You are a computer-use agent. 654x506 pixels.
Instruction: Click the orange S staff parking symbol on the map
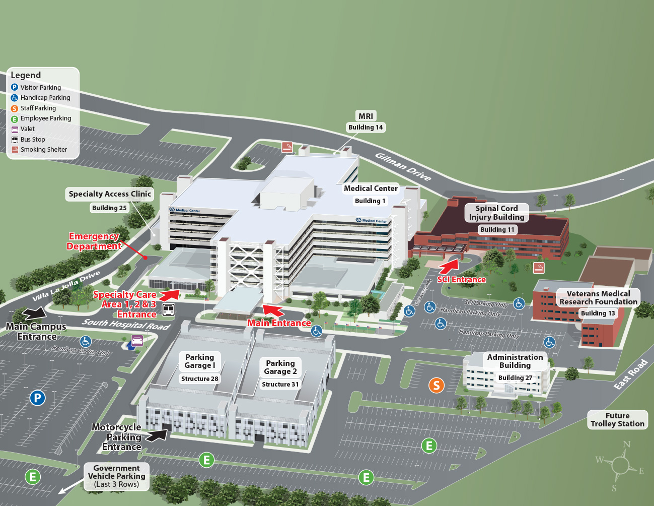coord(437,386)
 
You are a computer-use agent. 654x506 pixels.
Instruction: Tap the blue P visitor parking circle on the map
coord(37,398)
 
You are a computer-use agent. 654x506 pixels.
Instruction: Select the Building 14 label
coord(366,128)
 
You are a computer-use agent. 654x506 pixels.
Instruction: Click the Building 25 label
coord(109,208)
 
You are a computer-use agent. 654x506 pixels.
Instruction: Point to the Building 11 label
coord(497,230)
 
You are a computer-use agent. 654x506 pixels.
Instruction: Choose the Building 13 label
coord(598,313)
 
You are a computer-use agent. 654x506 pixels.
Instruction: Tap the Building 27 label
coord(515,378)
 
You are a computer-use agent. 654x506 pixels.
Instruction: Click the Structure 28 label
coord(200,379)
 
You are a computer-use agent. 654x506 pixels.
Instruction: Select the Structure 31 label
coord(280,385)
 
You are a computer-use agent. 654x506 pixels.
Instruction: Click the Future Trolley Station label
coord(617,420)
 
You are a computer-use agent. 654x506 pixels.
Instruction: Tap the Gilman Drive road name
coord(403,167)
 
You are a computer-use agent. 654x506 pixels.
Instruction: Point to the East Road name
coord(630,374)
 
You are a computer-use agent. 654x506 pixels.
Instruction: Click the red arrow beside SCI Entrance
coord(450,266)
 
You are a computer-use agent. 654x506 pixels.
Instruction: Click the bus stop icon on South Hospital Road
coord(169,309)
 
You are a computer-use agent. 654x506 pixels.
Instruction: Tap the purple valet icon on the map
coord(137,341)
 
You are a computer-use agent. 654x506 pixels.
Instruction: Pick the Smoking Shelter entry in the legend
coord(43,150)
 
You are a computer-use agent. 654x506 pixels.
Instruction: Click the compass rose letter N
coord(626,445)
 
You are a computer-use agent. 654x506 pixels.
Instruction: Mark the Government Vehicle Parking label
coord(116,476)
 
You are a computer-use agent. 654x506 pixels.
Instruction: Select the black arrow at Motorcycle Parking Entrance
coord(158,435)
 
